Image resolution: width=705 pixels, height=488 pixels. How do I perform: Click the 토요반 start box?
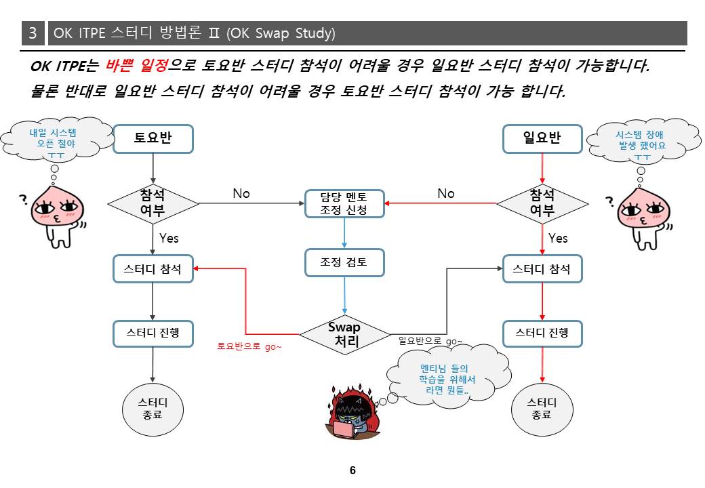tap(153, 139)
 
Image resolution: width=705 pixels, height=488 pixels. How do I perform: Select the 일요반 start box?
tap(542, 139)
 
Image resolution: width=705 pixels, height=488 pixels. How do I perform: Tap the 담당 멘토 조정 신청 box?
tap(344, 203)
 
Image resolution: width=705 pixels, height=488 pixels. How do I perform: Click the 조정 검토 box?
tap(344, 262)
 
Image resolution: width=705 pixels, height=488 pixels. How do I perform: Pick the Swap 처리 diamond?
tap(344, 334)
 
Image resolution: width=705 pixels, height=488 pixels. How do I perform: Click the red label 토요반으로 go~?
tap(249, 346)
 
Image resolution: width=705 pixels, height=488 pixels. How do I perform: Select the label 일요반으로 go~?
tap(430, 341)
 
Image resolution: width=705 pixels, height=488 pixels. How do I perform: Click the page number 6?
tap(352, 470)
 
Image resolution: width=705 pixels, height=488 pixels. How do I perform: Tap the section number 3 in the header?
tap(33, 33)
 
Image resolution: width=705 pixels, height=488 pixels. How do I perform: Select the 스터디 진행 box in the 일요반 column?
tap(542, 333)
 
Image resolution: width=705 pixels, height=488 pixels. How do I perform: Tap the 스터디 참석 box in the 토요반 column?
tap(153, 268)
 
